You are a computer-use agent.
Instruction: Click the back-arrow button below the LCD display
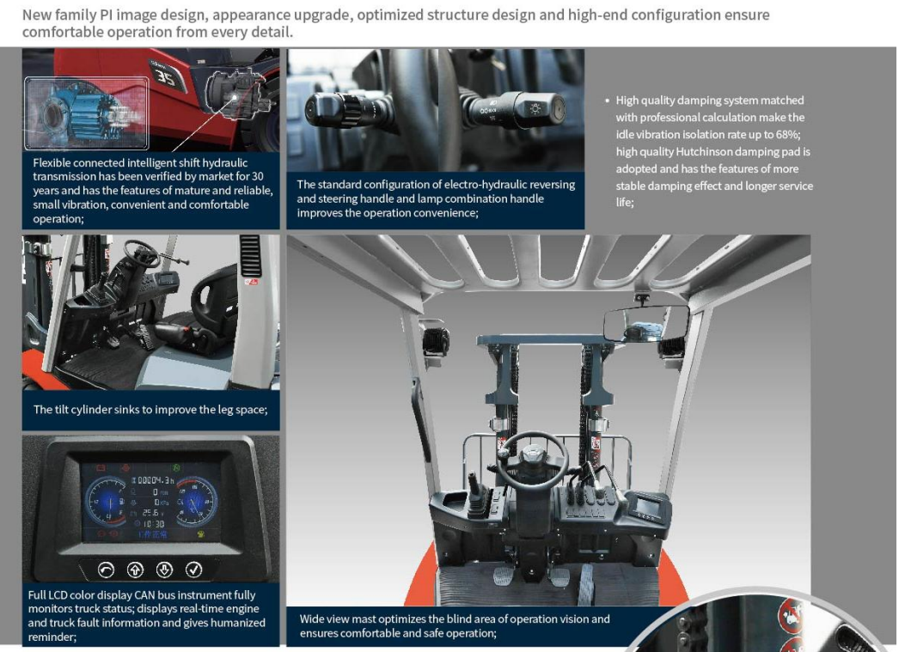click(x=106, y=570)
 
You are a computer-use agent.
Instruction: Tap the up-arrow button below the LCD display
click(x=135, y=570)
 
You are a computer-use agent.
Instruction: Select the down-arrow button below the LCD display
click(x=164, y=570)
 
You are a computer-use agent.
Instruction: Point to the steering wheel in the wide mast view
click(x=532, y=460)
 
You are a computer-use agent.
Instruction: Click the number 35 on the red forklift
click(x=166, y=76)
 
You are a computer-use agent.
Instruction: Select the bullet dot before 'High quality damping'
click(x=607, y=101)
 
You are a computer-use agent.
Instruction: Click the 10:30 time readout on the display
click(x=153, y=524)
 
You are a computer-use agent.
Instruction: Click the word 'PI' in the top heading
click(x=106, y=15)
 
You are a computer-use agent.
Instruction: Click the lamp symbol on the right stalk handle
click(x=535, y=108)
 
